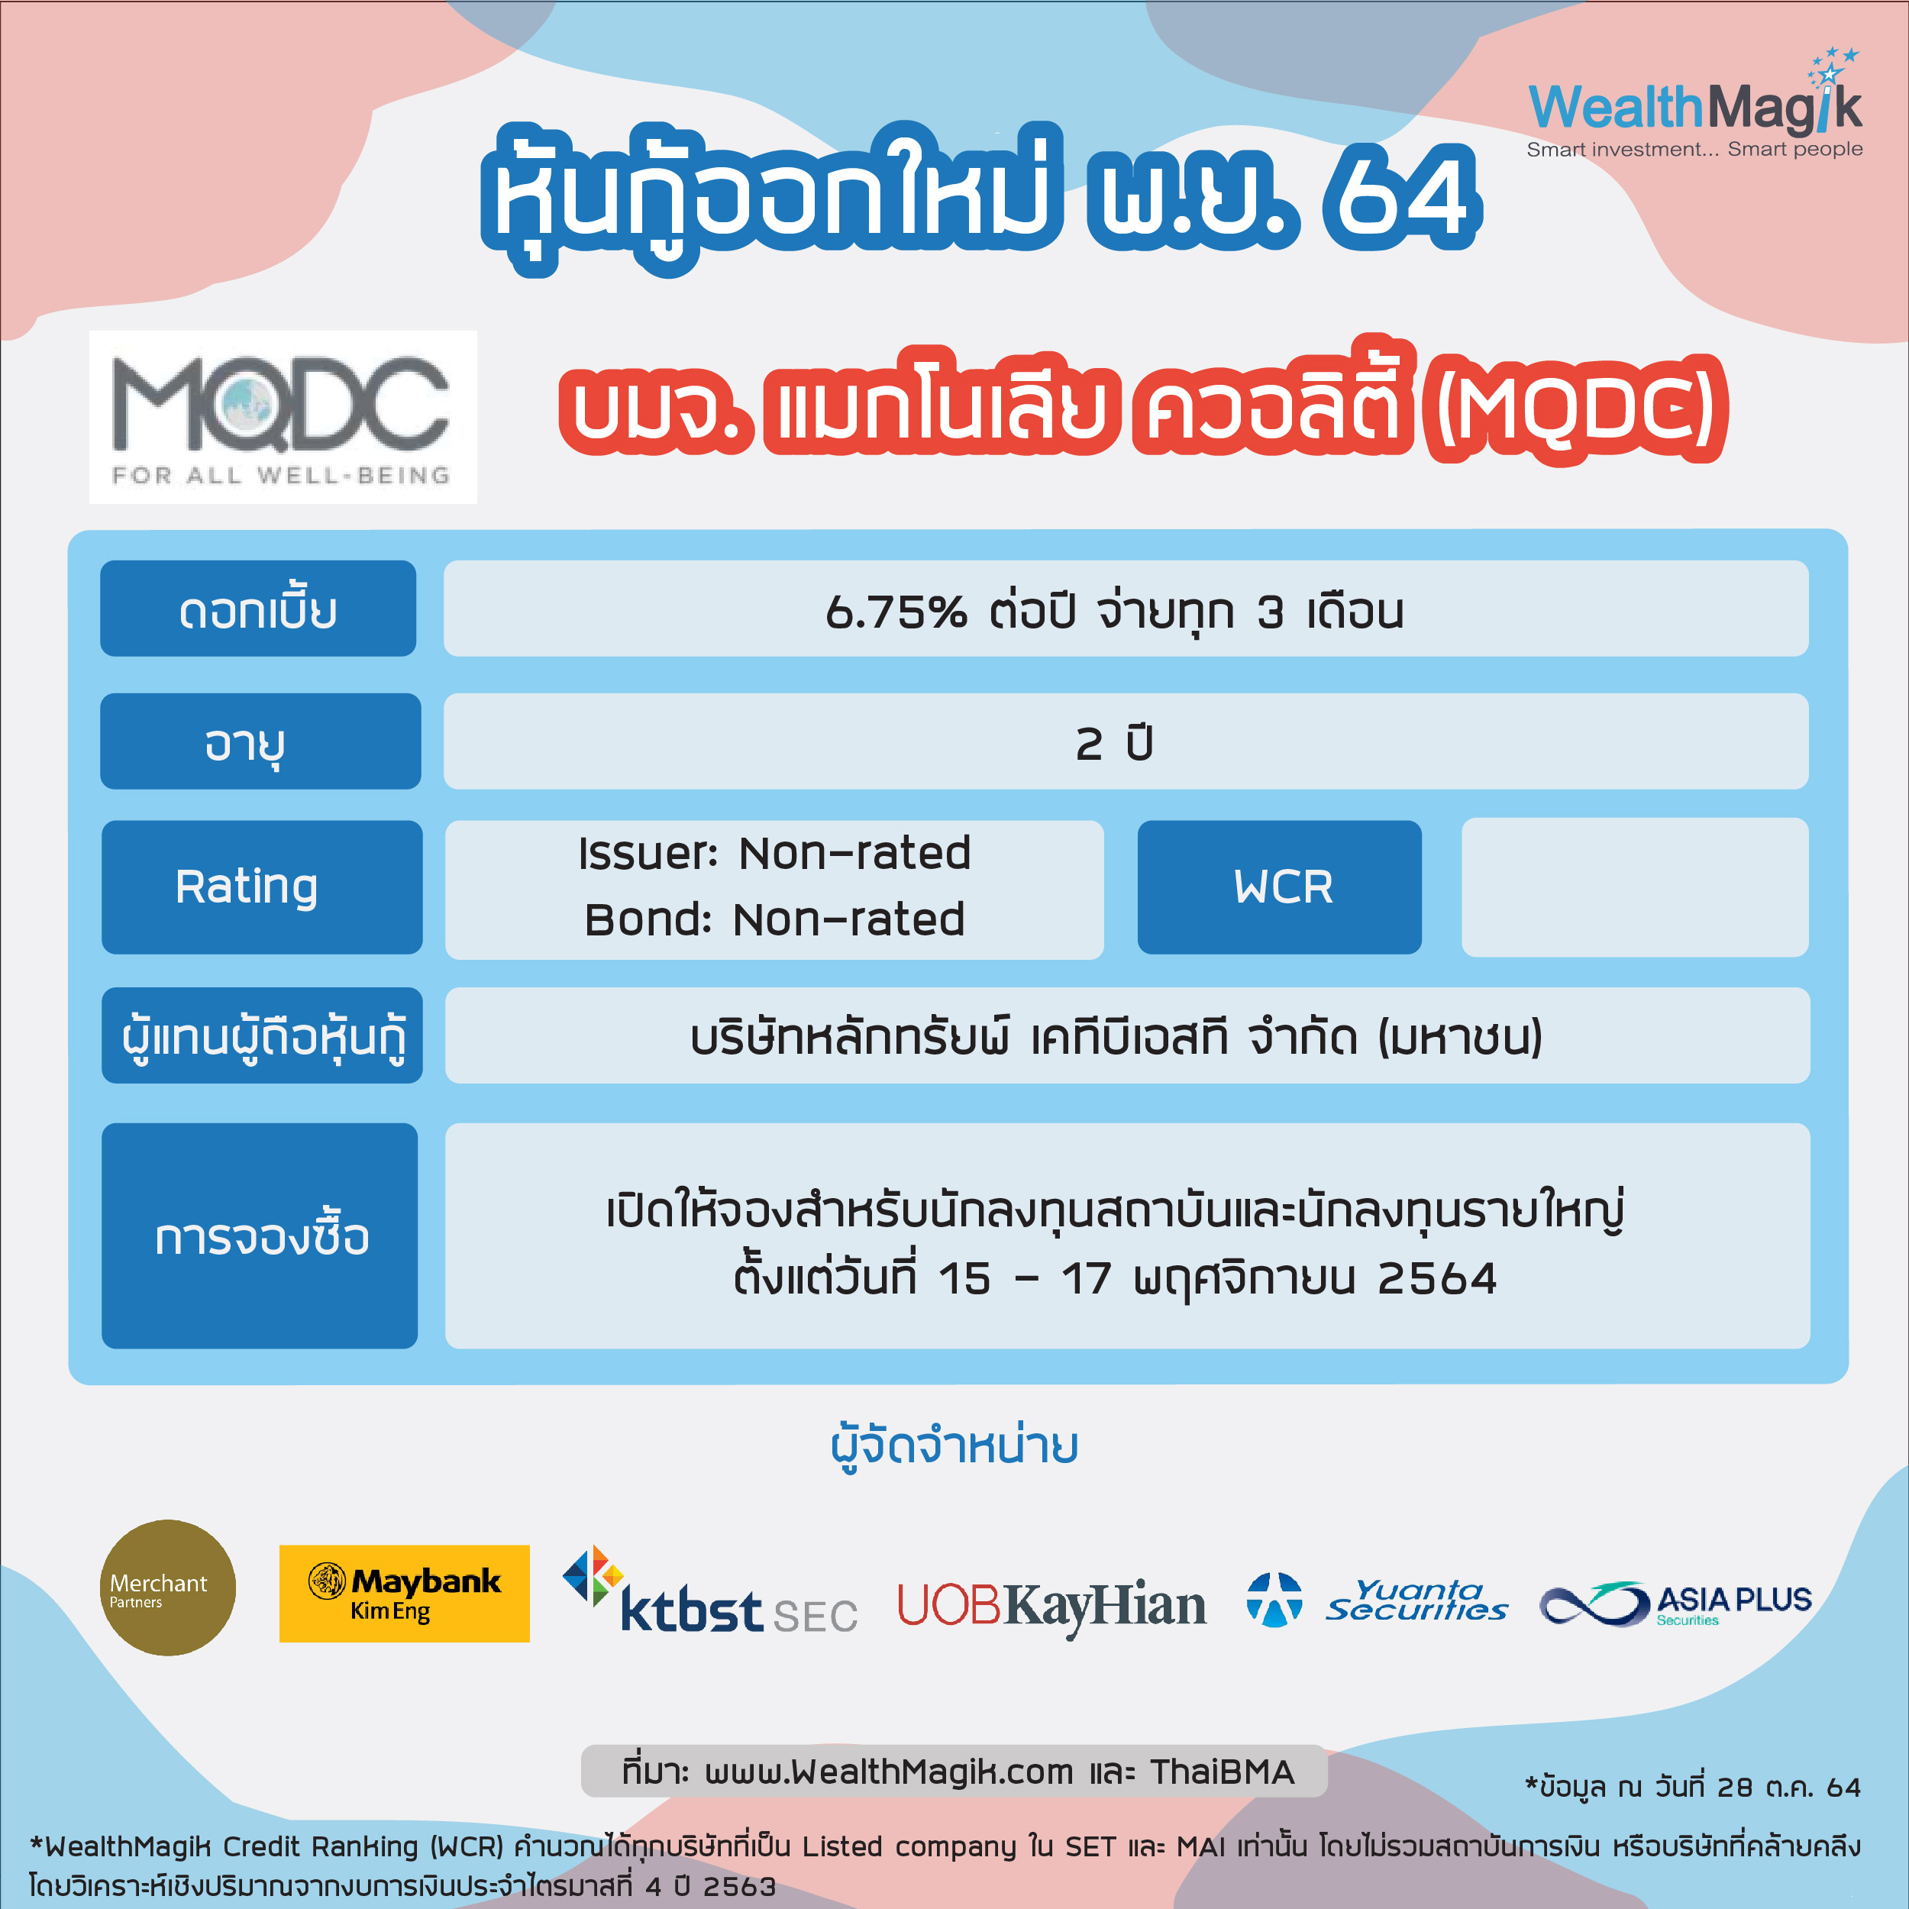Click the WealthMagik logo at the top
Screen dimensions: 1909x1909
[1694, 104]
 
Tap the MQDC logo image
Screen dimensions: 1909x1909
[283, 417]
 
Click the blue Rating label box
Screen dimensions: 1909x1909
[262, 887]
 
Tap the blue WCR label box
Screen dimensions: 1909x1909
[1280, 887]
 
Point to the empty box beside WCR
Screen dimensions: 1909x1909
[1636, 887]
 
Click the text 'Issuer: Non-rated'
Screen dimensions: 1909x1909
[774, 853]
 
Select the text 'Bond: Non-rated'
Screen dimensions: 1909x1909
[774, 919]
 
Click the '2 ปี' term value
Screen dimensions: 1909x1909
[1115, 742]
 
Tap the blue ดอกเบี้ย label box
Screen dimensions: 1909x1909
[258, 608]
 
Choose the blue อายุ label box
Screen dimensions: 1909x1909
[261, 741]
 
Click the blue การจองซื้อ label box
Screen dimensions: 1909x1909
[260, 1235]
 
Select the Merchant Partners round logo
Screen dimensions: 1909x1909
[168, 1588]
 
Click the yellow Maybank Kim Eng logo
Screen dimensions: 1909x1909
[404, 1594]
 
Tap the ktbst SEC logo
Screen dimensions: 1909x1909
[709, 1591]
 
